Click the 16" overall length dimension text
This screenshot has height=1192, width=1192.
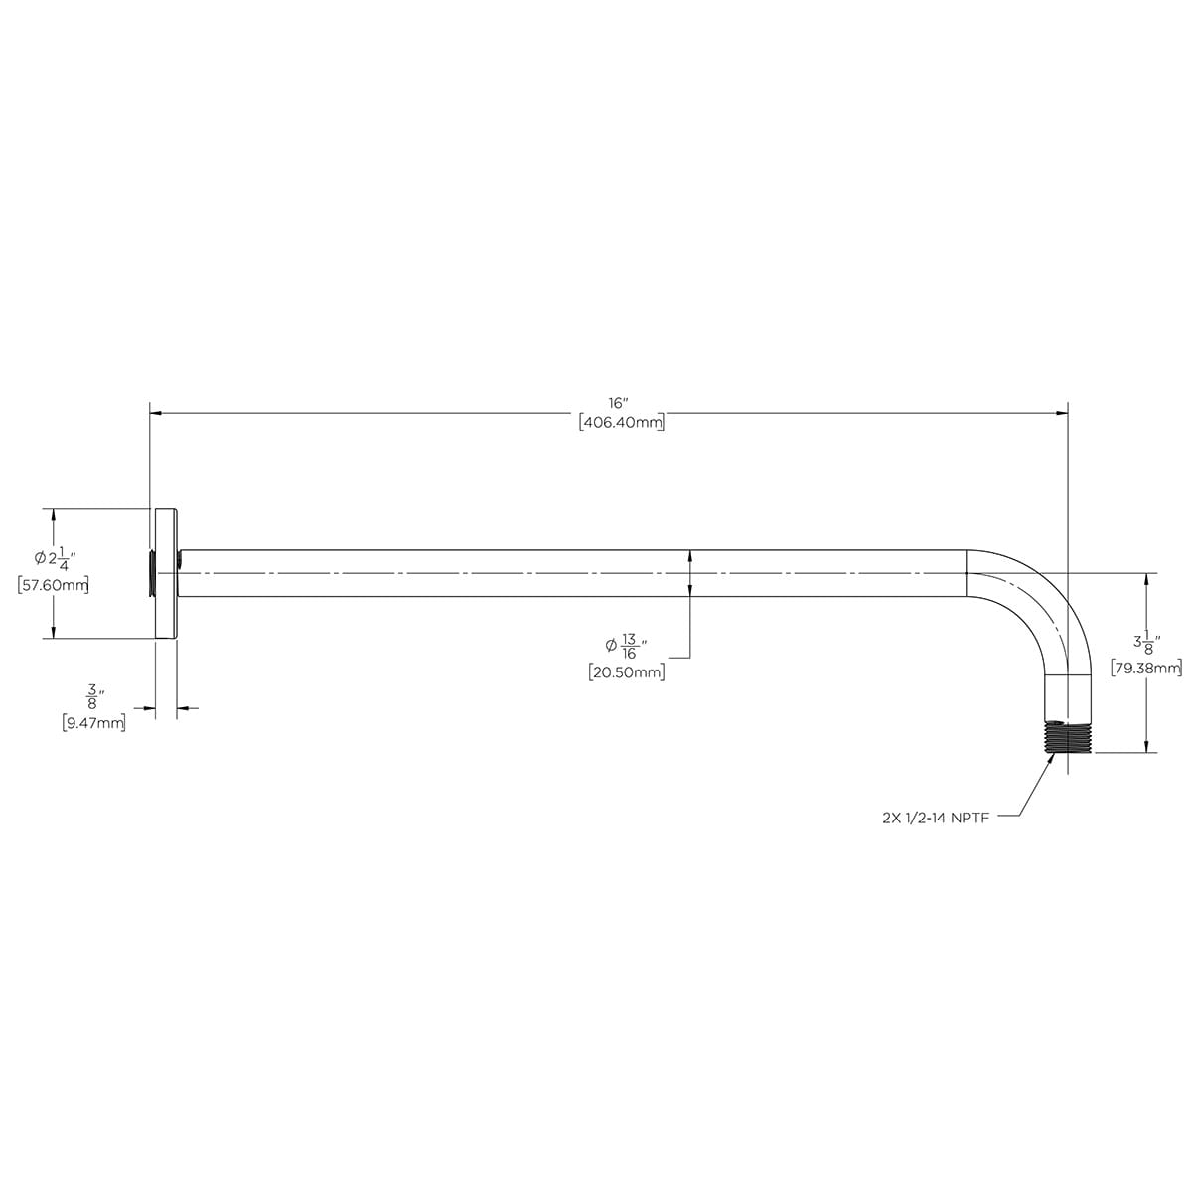click(618, 404)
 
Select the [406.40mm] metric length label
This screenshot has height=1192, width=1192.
click(622, 424)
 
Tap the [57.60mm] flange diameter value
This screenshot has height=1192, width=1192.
click(54, 584)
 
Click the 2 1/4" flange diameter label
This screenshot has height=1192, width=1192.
click(56, 558)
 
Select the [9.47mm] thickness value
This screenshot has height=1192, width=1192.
click(94, 722)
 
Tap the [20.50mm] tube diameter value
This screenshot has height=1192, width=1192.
click(627, 671)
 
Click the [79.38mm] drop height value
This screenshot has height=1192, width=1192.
click(1146, 669)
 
